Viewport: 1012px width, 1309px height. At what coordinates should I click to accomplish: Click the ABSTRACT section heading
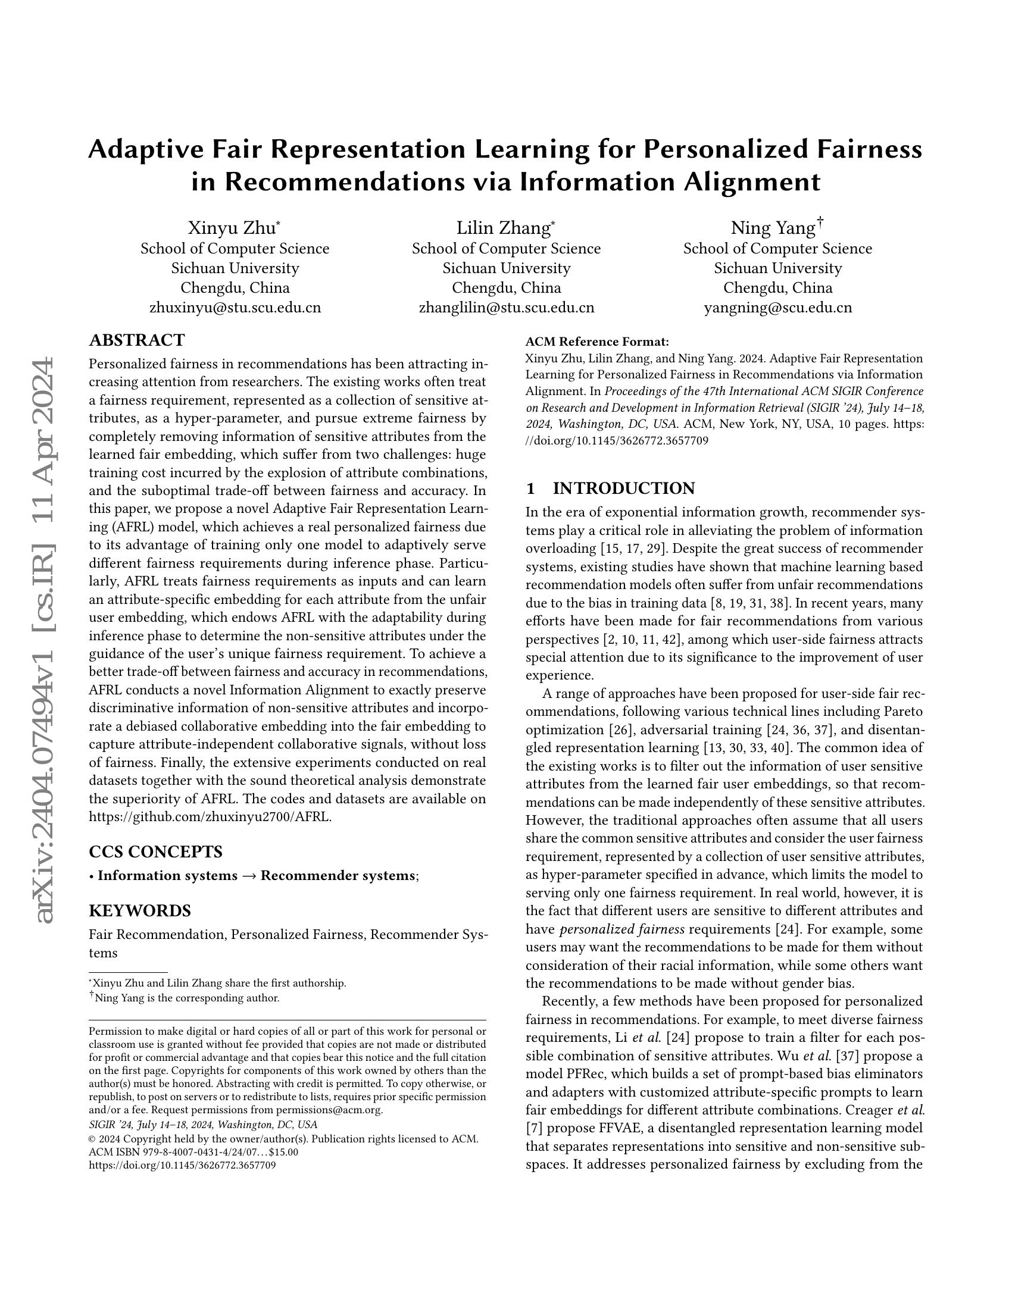click(137, 340)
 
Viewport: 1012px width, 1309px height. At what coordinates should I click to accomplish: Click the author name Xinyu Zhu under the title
click(232, 228)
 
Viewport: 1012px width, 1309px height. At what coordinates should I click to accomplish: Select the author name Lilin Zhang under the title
click(503, 228)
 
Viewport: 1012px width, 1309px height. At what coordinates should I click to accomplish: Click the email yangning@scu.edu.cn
click(777, 308)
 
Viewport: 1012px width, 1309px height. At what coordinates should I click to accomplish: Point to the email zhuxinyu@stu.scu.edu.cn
click(235, 308)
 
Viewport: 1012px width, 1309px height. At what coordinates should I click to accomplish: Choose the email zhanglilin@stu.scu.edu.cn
click(507, 308)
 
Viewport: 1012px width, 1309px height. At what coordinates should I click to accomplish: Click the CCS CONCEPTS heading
click(155, 851)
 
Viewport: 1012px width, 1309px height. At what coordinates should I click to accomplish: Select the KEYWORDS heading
click(140, 911)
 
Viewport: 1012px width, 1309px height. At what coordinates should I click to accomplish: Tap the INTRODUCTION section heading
click(623, 488)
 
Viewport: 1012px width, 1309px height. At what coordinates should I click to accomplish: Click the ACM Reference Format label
click(596, 342)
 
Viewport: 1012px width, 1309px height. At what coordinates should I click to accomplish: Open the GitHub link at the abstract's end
click(210, 817)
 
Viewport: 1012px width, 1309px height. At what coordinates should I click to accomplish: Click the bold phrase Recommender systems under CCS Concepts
click(338, 876)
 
